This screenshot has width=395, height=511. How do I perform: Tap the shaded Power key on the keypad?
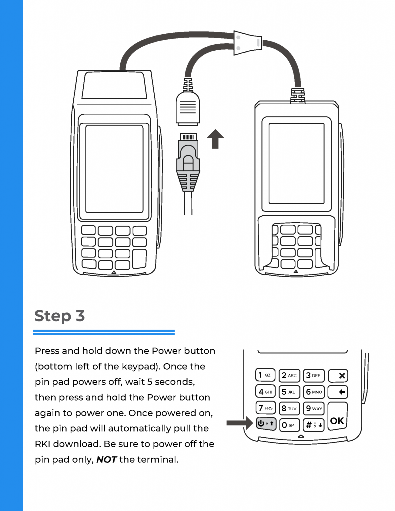[265, 424]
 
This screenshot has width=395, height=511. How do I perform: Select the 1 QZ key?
[265, 375]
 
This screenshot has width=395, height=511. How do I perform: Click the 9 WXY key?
[314, 408]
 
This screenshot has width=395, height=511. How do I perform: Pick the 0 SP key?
[289, 425]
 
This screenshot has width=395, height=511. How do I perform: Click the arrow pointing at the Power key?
[239, 424]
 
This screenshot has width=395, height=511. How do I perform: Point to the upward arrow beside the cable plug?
[215, 138]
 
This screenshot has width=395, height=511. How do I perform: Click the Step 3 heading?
[60, 316]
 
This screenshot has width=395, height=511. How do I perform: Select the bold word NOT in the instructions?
[106, 459]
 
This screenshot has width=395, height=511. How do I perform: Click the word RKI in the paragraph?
[43, 444]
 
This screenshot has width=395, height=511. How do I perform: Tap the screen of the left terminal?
[115, 170]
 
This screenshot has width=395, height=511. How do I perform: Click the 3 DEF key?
[314, 375]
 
